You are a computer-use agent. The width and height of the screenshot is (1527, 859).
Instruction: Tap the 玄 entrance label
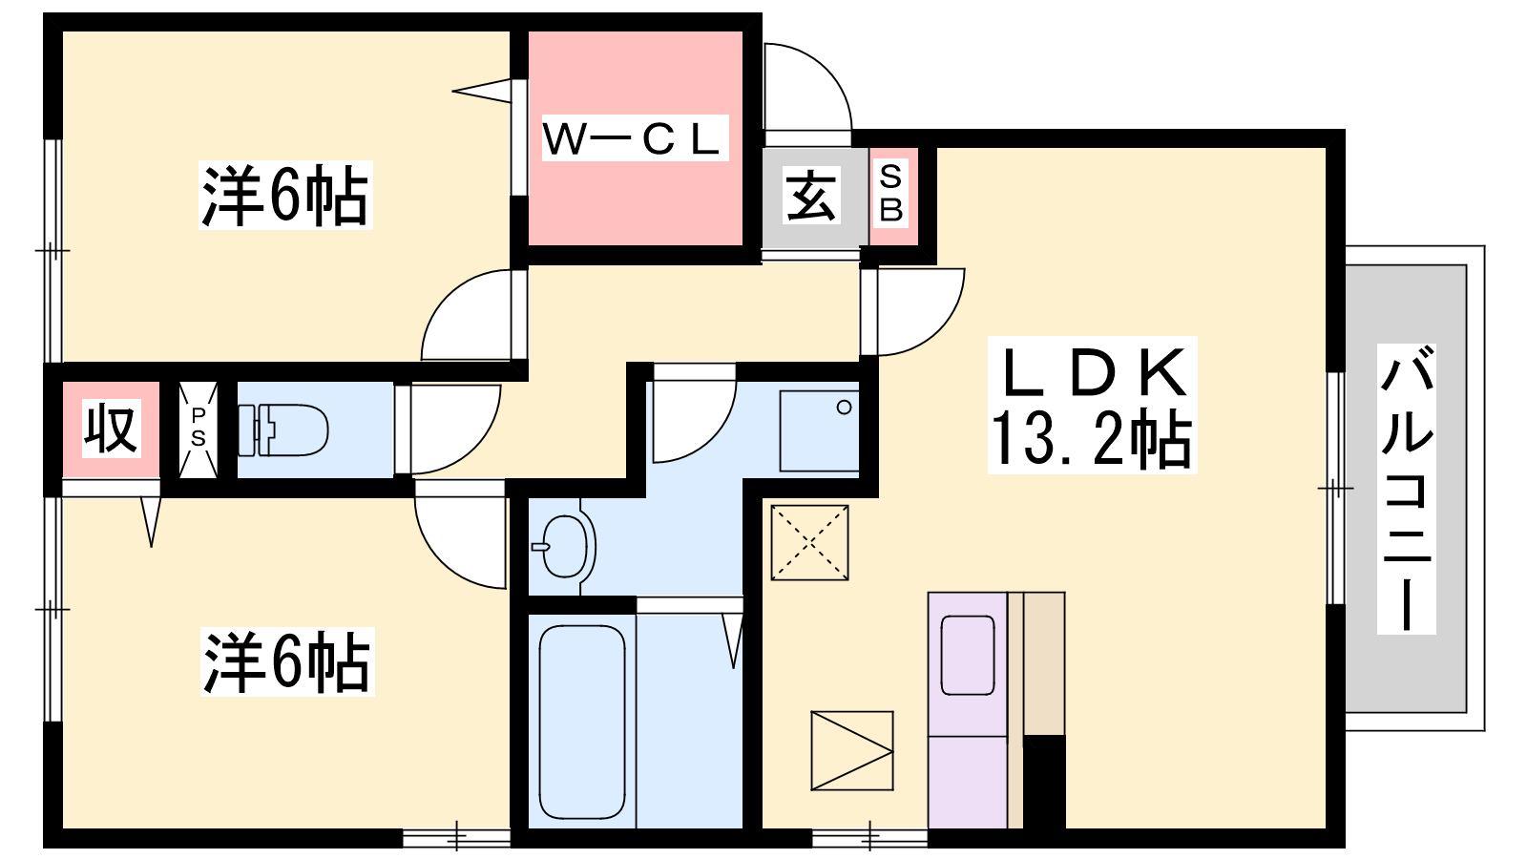811,197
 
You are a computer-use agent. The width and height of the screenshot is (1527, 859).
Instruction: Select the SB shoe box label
891,193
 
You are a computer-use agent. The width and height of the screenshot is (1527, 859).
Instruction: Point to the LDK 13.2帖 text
1092,405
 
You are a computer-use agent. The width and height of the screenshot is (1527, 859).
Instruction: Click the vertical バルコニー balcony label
1407,489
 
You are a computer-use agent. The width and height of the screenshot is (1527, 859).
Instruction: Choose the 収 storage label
111,429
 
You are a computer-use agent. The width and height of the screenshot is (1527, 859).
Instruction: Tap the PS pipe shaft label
199,428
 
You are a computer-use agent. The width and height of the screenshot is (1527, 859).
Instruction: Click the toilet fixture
282,430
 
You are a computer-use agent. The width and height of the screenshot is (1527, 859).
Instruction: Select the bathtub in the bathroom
582,722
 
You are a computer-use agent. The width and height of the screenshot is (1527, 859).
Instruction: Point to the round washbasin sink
564,546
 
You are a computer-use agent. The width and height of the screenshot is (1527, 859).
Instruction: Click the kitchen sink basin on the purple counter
968,655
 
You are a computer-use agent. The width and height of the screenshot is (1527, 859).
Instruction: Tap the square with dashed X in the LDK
810,543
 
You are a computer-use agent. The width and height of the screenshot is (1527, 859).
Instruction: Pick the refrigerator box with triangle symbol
852,751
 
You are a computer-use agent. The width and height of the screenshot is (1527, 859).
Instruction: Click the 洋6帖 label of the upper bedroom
285,195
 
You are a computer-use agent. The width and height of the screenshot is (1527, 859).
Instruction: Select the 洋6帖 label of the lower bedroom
287,661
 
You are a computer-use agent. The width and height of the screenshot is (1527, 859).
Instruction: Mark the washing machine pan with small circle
820,430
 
